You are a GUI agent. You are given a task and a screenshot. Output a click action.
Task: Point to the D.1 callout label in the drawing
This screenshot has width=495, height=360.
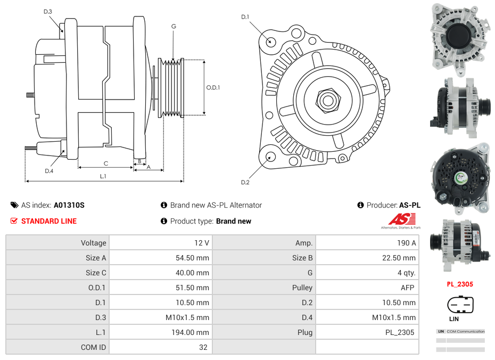(x=245, y=17)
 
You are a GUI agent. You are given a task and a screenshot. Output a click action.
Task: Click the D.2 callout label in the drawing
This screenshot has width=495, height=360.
(x=245, y=183)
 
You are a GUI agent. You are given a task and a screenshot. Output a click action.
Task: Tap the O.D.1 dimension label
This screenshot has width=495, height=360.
(x=213, y=88)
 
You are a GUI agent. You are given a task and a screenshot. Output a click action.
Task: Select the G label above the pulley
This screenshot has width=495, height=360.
(x=174, y=27)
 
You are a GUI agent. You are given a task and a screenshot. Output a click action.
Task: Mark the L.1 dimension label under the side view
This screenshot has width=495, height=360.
(x=103, y=176)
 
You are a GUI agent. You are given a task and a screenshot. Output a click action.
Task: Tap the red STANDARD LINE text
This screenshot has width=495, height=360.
(x=48, y=221)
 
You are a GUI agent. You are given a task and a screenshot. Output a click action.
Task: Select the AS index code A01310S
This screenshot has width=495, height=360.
(x=69, y=205)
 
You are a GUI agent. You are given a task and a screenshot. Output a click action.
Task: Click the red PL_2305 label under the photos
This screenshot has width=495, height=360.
(x=459, y=284)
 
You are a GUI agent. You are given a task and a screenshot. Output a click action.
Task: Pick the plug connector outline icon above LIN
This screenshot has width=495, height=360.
(x=459, y=305)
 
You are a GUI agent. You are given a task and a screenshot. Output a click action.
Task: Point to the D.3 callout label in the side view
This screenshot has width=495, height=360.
(x=48, y=12)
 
